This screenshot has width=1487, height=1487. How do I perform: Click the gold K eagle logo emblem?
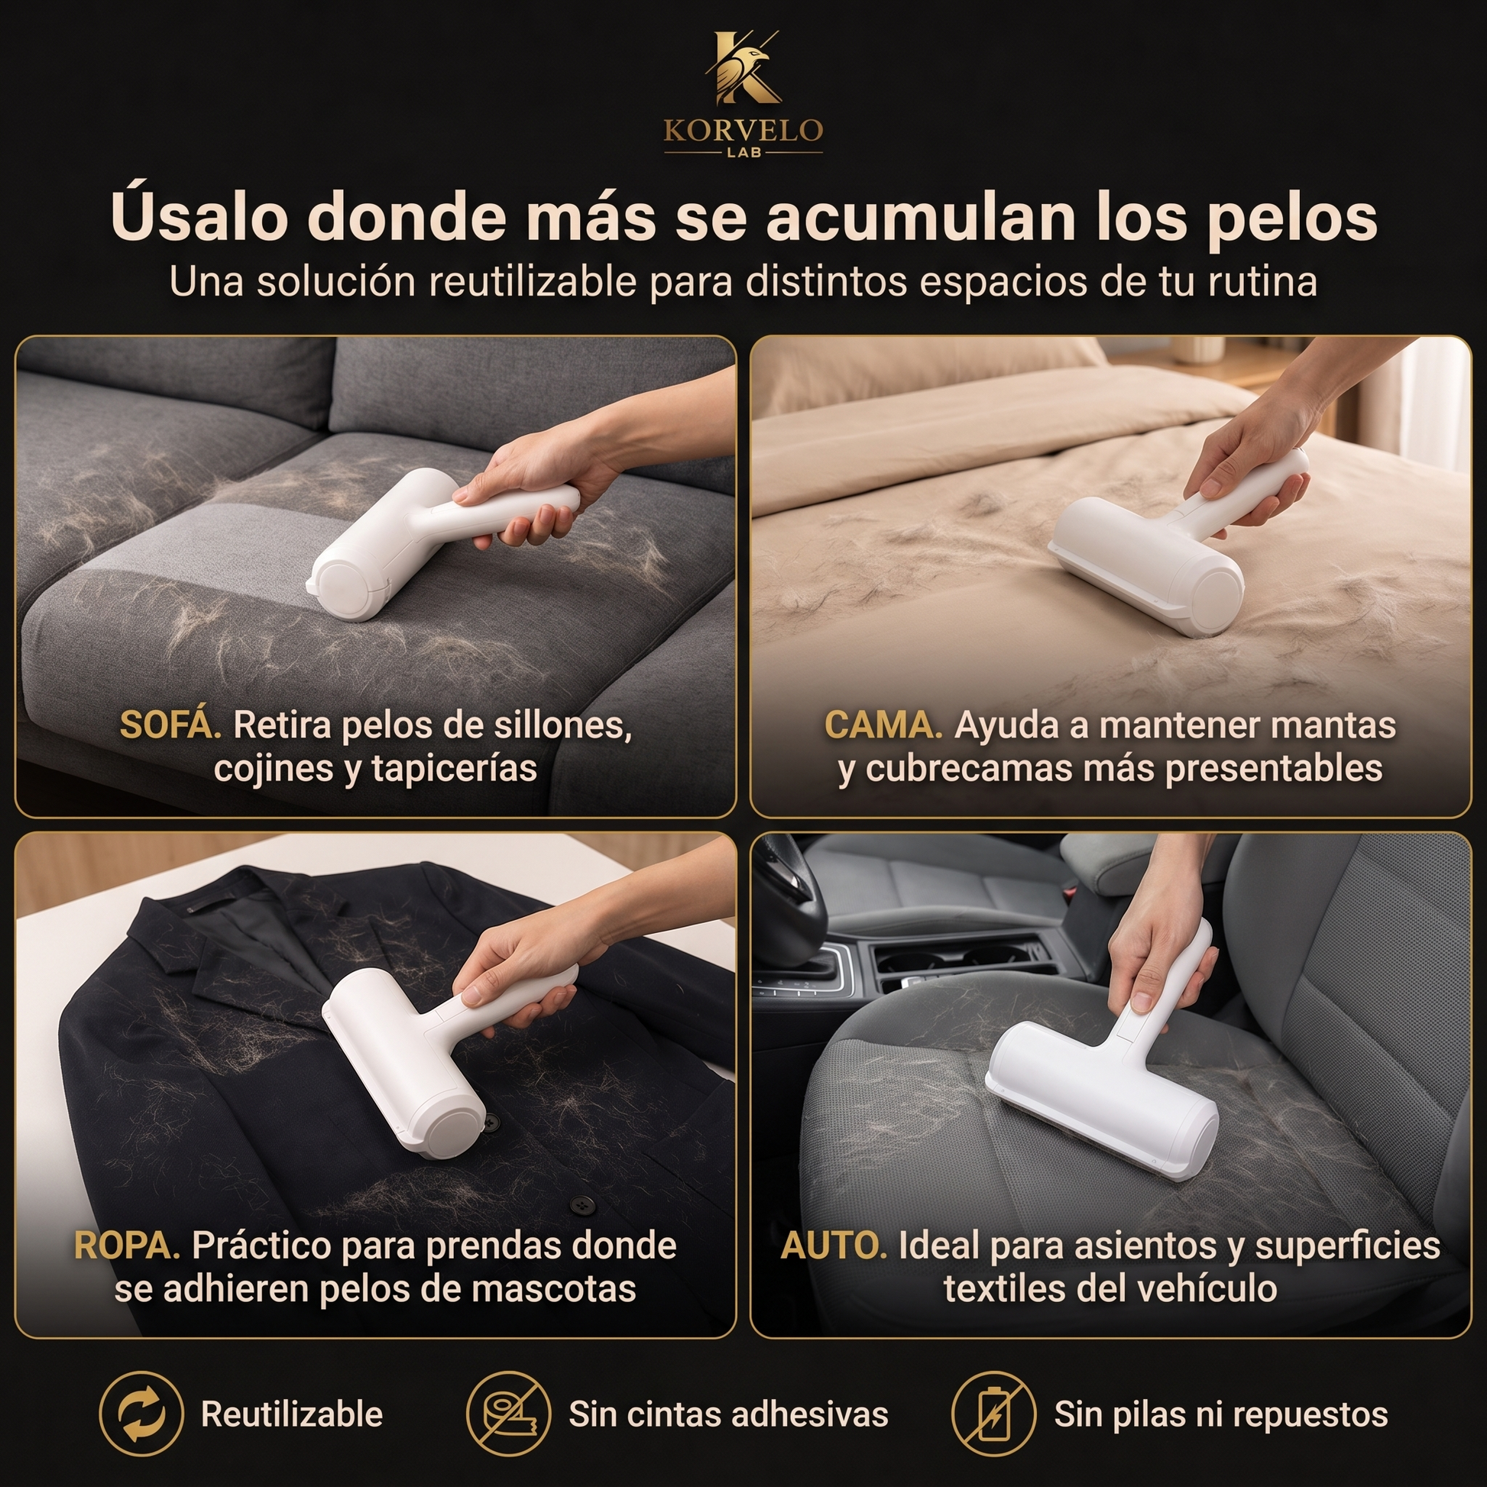743,68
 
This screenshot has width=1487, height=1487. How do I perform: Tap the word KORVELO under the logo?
743,130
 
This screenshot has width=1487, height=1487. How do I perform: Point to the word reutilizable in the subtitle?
532,282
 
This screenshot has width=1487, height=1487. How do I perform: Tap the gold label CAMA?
883,725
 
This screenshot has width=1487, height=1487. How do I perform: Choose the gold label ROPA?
127,1245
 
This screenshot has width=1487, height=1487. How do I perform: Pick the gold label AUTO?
834,1245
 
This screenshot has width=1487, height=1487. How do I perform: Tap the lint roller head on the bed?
1147,565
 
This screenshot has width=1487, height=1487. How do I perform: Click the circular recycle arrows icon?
141,1414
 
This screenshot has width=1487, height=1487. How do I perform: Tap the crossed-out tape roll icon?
509,1414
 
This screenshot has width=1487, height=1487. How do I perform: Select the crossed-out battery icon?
993,1414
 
